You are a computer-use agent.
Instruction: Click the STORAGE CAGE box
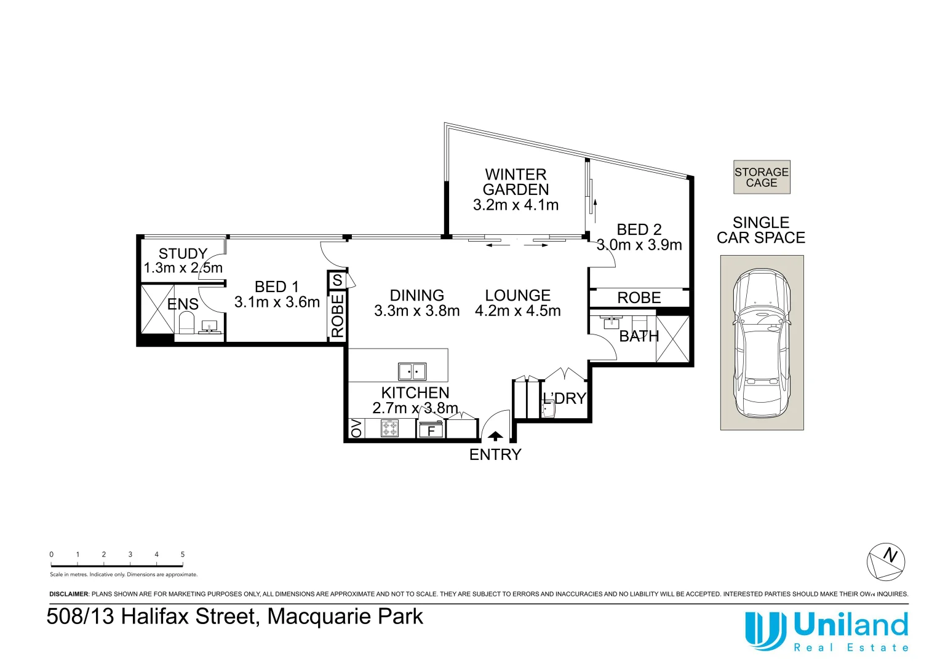(x=762, y=178)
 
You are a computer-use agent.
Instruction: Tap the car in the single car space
(x=762, y=342)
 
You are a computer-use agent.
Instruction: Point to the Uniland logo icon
(x=765, y=631)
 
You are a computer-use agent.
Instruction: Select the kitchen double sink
(x=412, y=372)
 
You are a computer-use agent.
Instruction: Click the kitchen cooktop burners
(x=390, y=428)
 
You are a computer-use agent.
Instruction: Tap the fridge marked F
(x=431, y=430)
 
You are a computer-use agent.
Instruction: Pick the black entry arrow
(x=495, y=436)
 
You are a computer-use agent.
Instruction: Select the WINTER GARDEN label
(x=516, y=182)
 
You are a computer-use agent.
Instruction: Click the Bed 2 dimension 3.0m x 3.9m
(x=639, y=245)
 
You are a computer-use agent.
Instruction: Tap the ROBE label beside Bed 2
(x=639, y=298)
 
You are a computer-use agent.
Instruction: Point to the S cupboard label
(x=337, y=281)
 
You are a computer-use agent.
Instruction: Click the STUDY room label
(x=183, y=253)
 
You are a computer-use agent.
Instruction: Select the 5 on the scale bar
(x=183, y=555)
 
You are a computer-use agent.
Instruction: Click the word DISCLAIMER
(x=69, y=594)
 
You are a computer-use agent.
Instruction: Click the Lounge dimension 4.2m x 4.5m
(x=518, y=311)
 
